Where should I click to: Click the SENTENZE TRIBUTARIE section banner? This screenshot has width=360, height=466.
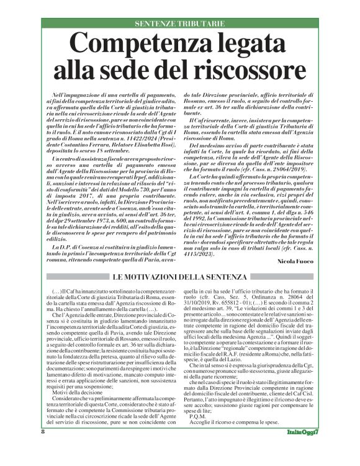tap(179, 23)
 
